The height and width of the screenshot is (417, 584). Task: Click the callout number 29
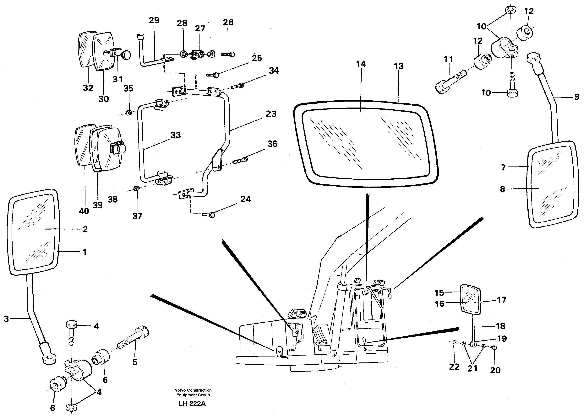(x=154, y=20)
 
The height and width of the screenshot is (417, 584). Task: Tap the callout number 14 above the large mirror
(x=361, y=64)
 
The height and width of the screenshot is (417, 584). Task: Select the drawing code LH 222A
(x=192, y=403)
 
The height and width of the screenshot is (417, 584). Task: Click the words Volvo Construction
(x=193, y=390)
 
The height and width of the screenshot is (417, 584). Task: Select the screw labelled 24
(x=209, y=215)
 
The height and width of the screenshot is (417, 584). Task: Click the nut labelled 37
(x=136, y=189)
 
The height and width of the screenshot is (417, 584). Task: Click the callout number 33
(x=176, y=135)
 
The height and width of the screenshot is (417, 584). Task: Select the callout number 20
(x=495, y=370)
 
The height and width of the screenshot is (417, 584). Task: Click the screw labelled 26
(x=227, y=54)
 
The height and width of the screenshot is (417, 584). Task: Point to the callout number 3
(x=6, y=319)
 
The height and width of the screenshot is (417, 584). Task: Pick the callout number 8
(x=503, y=189)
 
